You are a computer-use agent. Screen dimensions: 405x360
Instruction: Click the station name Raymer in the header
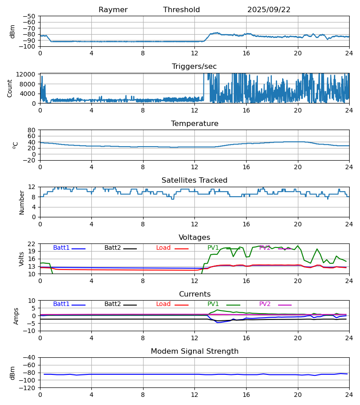[x=113, y=10]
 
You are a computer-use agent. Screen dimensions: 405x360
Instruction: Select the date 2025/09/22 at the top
[x=269, y=10]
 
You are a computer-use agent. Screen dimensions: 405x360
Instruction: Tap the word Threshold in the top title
[x=181, y=10]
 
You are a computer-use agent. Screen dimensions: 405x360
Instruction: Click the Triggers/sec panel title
[x=194, y=67]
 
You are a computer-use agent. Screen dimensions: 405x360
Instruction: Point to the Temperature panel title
[x=194, y=124]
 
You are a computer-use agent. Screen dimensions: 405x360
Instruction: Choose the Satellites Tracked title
[x=194, y=180]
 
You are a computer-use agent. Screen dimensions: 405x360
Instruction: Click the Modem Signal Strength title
[x=194, y=351]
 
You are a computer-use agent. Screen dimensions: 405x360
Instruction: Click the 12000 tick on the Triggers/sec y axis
[x=28, y=74]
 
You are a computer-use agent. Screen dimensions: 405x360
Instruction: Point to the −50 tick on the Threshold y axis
[x=30, y=16]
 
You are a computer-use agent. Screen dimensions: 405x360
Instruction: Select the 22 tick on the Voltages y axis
[x=32, y=244]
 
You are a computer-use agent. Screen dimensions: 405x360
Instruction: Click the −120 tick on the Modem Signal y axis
[x=28, y=388]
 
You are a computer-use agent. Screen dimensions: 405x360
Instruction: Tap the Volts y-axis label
[x=22, y=259]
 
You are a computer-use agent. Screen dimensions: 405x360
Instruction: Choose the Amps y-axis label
[x=17, y=316]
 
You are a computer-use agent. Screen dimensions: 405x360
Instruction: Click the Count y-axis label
[x=10, y=88]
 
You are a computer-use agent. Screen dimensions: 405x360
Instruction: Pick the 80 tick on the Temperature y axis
[x=32, y=130]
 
